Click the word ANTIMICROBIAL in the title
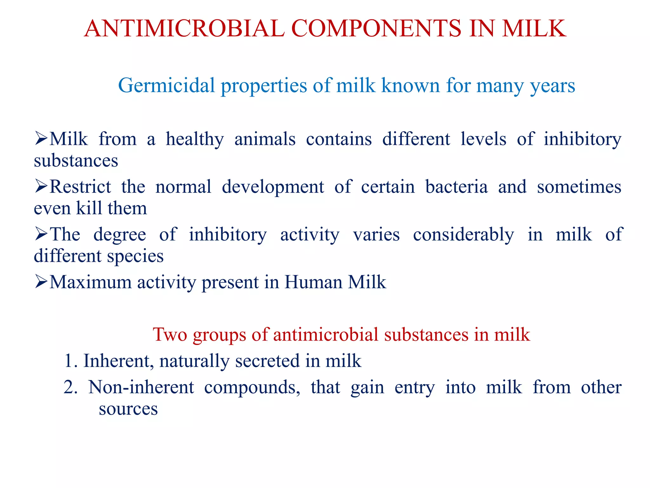click(x=184, y=29)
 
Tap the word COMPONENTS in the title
click(x=376, y=29)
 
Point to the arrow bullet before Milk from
click(x=41, y=139)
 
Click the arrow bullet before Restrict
click(x=41, y=186)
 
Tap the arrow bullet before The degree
click(x=41, y=234)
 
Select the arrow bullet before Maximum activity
click(x=41, y=282)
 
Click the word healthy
click(x=195, y=139)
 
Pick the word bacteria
click(x=456, y=187)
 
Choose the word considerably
click(x=463, y=234)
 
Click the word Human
click(x=313, y=282)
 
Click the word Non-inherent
click(x=141, y=387)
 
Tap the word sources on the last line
click(x=128, y=409)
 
